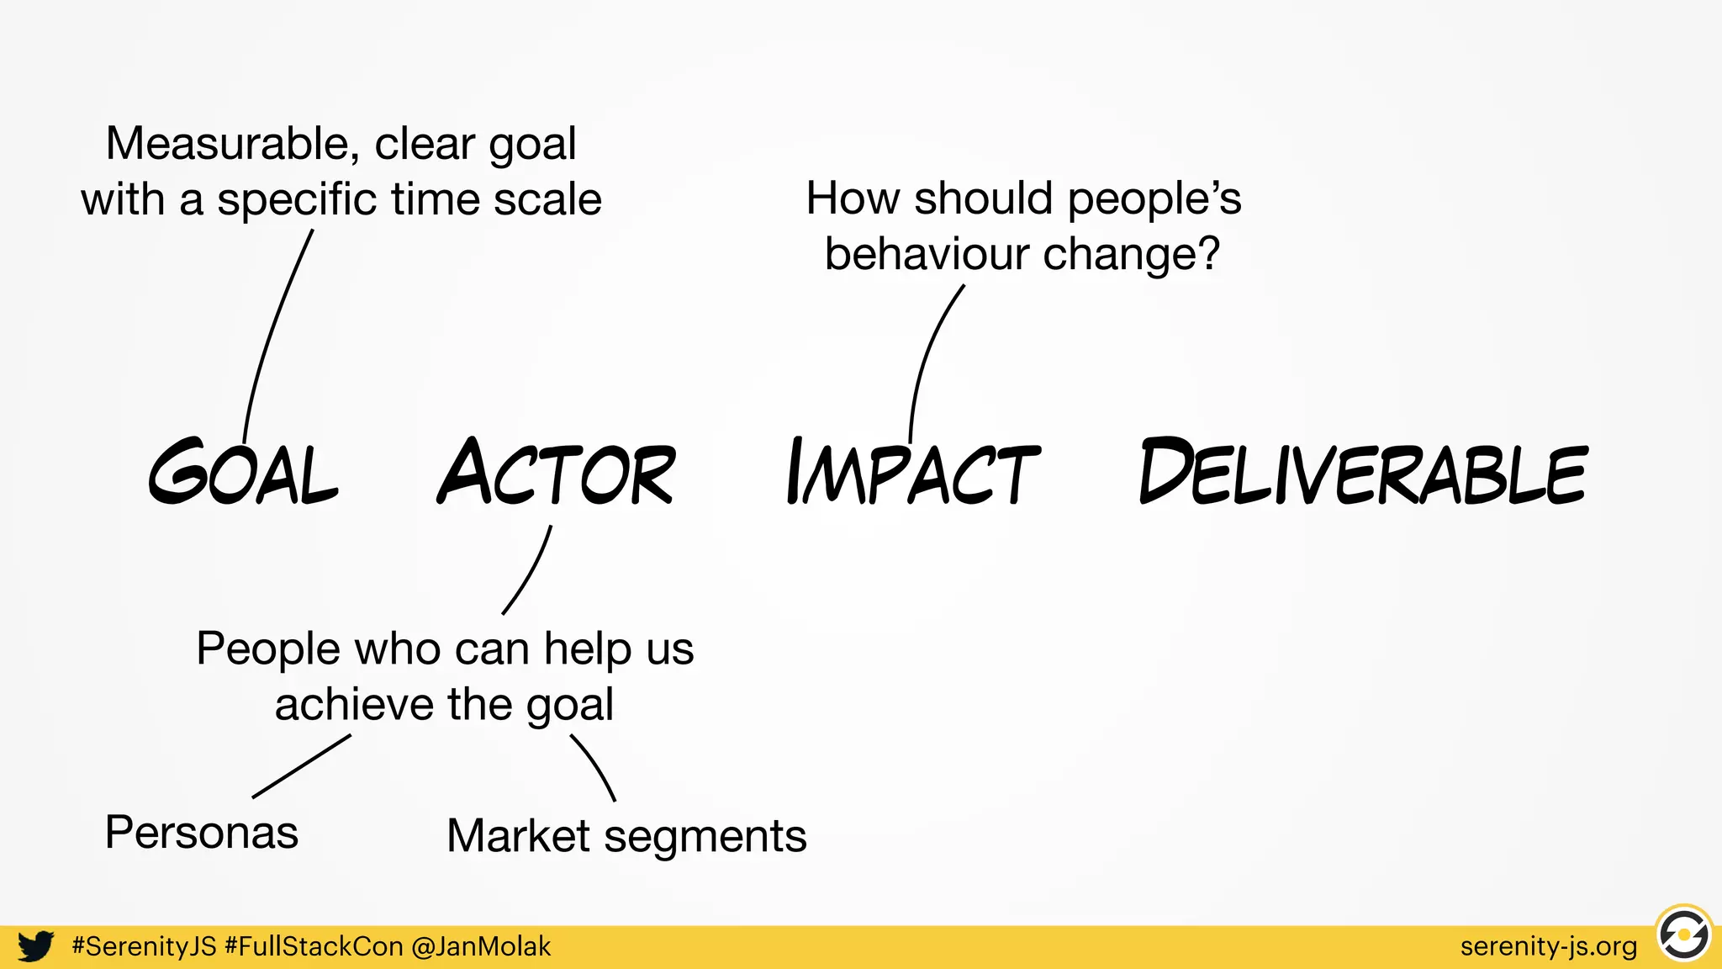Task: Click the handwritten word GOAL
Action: [x=244, y=473]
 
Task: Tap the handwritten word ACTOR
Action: [x=557, y=473]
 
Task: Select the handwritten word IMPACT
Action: [x=913, y=473]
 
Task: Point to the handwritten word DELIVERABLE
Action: [x=1363, y=473]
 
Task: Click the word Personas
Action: [x=202, y=833]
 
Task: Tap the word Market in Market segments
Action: [x=518, y=836]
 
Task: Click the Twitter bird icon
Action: [x=36, y=946]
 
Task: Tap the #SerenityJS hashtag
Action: [x=145, y=946]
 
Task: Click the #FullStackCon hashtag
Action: [x=314, y=946]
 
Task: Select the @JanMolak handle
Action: [x=481, y=946]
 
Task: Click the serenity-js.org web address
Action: [x=1549, y=946]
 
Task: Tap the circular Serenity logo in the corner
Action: [x=1683, y=935]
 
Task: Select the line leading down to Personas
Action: [x=301, y=766]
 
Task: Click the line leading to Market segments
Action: [x=595, y=766]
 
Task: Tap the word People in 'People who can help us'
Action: [x=267, y=649]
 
